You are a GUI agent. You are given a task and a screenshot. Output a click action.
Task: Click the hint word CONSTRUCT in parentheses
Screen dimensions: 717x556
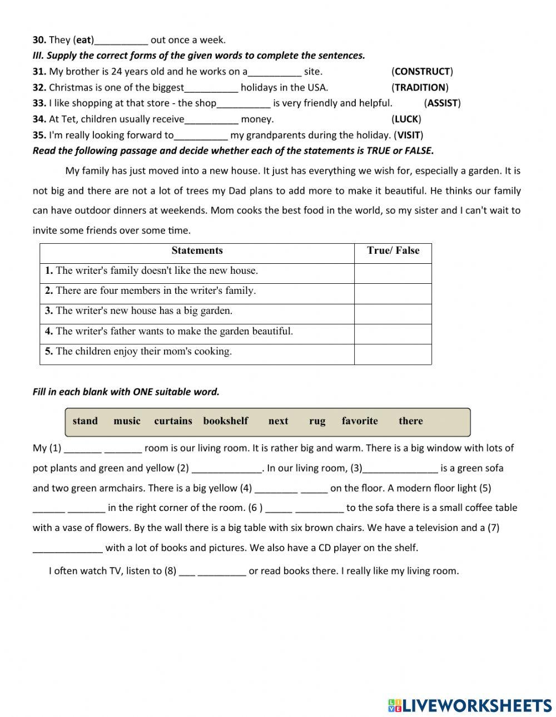tap(422, 71)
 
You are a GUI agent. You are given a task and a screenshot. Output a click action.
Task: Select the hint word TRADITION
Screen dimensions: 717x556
tap(420, 87)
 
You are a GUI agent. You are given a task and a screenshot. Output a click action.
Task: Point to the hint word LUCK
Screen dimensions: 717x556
tap(406, 119)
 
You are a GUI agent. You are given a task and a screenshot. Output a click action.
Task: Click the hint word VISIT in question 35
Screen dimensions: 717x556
tap(409, 135)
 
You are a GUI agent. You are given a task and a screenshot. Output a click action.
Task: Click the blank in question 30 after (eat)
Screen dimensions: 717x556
tap(121, 40)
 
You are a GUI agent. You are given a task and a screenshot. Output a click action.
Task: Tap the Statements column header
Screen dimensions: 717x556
tap(197, 250)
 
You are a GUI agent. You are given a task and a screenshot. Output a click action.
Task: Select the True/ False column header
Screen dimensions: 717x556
tap(393, 250)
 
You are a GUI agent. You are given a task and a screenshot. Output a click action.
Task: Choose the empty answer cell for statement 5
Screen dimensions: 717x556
tap(393, 354)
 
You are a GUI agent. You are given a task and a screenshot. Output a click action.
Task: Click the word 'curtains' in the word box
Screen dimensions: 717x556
tap(173, 421)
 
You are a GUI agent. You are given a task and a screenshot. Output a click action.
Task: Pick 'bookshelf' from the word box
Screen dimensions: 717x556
tap(226, 421)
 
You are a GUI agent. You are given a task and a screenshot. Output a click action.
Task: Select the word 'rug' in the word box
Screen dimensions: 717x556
tap(317, 421)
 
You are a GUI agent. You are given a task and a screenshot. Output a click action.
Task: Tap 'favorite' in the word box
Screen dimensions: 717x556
tap(360, 421)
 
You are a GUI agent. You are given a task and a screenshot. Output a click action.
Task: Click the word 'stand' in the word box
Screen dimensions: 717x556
tap(85, 421)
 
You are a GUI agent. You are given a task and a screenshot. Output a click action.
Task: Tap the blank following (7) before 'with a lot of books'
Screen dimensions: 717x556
tap(68, 548)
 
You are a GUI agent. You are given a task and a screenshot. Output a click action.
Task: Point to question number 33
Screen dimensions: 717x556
tap(39, 103)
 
